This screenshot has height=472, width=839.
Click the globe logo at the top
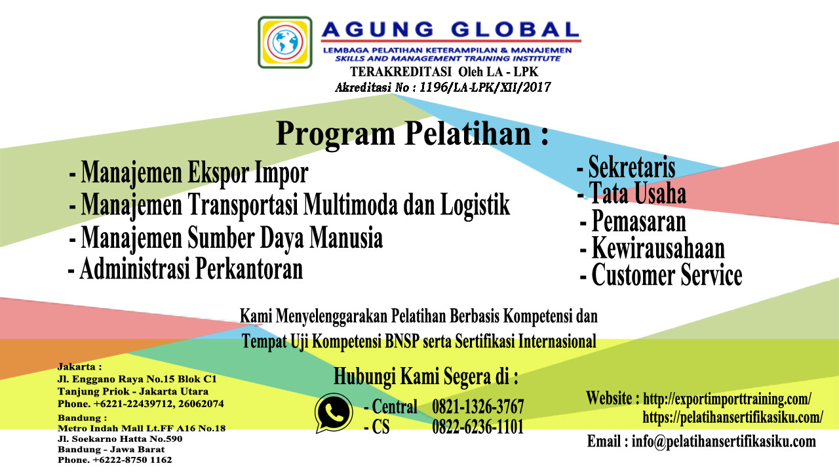284,42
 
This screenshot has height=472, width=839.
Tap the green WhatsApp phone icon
334,413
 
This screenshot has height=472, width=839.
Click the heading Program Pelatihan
412,134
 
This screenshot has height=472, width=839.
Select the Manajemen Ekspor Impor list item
189,173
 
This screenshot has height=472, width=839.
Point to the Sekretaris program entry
626,167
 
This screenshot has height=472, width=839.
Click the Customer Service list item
661,275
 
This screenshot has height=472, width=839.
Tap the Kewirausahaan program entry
652,248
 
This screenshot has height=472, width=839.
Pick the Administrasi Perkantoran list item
185,269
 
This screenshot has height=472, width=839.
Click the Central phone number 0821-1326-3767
478,406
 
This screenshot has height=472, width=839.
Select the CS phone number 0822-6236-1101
478,427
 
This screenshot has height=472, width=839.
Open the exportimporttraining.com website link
728,399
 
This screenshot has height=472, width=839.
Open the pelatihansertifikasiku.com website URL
733,417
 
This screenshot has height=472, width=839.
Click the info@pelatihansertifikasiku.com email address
724,442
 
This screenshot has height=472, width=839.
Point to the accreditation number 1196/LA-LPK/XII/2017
485,87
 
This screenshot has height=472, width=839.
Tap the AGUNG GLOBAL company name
450,29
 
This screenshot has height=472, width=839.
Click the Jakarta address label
79,367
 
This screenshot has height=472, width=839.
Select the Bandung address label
82,418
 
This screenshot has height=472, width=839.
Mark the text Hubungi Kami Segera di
426,376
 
